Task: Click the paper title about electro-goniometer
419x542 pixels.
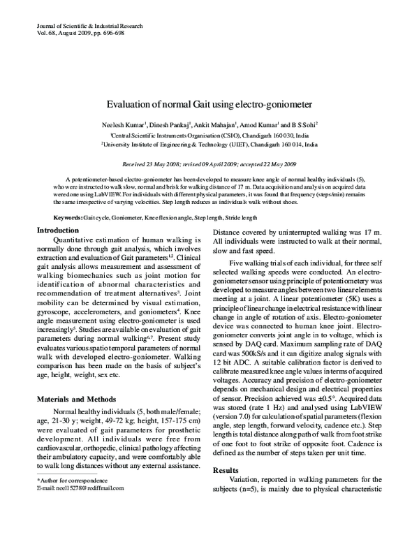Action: tap(209, 105)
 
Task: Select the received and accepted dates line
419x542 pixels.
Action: tap(209, 163)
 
